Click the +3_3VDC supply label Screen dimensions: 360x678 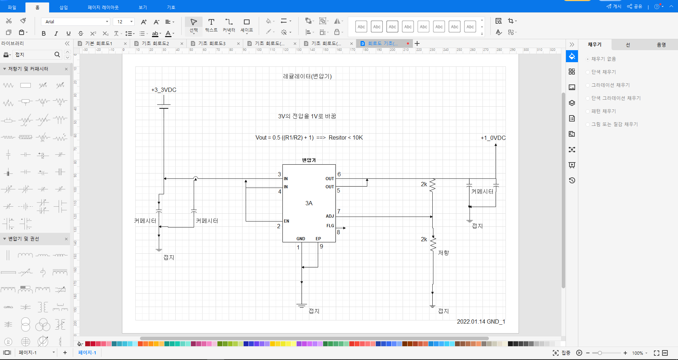tap(164, 90)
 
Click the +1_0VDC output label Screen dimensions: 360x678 tap(493, 138)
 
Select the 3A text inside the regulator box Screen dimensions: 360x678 tap(309, 203)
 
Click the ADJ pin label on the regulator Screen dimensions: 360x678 tap(329, 216)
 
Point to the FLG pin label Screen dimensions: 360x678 tap(330, 226)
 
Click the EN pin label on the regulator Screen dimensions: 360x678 tap(286, 221)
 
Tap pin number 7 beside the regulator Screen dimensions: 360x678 tap(339, 211)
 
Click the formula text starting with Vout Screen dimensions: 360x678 tap(309, 137)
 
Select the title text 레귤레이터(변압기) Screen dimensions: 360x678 tap(307, 76)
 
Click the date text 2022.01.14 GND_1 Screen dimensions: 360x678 tap(481, 321)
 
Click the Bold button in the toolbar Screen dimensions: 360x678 tap(43, 34)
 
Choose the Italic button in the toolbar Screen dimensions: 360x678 tap(56, 34)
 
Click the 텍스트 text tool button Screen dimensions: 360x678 tap(211, 25)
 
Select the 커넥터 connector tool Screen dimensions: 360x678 tap(229, 25)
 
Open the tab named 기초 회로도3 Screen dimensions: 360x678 tap(212, 43)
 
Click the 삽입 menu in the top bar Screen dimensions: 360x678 tap(64, 7)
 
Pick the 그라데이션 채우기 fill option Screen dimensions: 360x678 tap(610, 85)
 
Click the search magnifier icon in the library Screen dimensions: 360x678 tap(57, 54)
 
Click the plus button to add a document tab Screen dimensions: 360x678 tap(417, 43)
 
